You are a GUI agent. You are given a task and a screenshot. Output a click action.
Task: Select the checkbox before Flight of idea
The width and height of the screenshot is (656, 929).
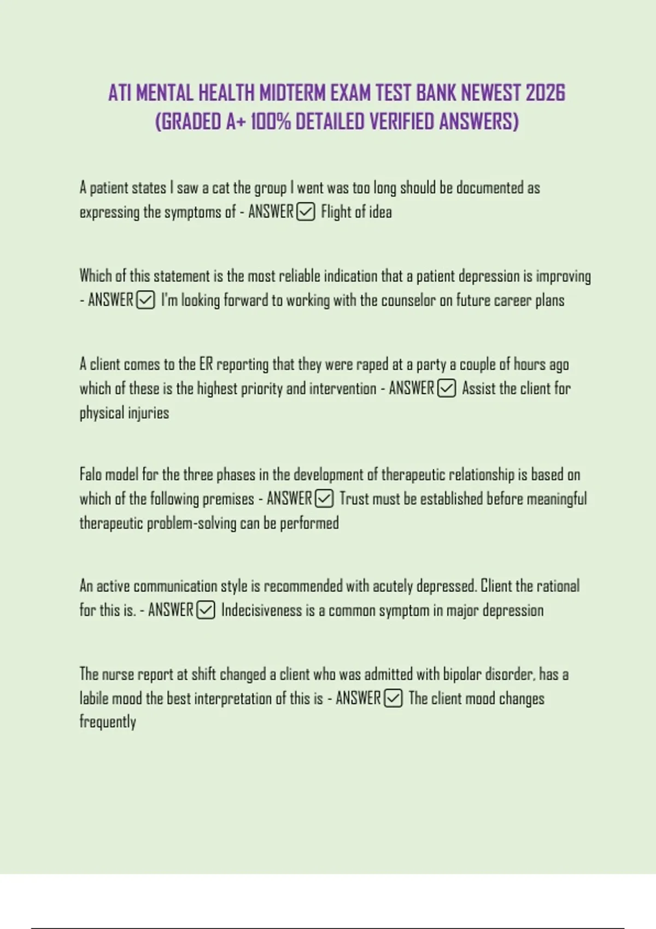[x=306, y=211]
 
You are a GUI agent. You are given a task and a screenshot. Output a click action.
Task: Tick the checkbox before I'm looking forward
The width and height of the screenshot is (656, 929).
[x=145, y=300]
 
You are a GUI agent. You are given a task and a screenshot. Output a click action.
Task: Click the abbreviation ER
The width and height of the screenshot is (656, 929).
[x=206, y=364]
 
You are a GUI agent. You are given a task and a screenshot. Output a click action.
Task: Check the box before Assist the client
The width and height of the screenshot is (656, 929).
[x=447, y=389]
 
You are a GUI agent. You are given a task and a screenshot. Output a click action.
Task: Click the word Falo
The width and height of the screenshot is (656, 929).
[x=90, y=474]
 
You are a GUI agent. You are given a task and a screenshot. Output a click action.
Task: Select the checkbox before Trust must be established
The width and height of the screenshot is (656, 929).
[x=324, y=498]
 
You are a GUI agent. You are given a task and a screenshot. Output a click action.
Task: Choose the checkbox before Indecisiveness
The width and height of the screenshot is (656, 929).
[x=206, y=610]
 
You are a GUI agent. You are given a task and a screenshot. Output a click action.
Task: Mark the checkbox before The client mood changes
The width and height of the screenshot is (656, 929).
[x=394, y=698]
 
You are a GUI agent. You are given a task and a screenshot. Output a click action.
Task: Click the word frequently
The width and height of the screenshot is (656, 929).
[x=108, y=722]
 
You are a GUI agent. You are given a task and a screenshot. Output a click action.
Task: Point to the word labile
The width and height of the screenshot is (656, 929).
[x=93, y=698]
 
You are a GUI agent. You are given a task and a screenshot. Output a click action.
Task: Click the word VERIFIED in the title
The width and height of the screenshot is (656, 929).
[x=402, y=121]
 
